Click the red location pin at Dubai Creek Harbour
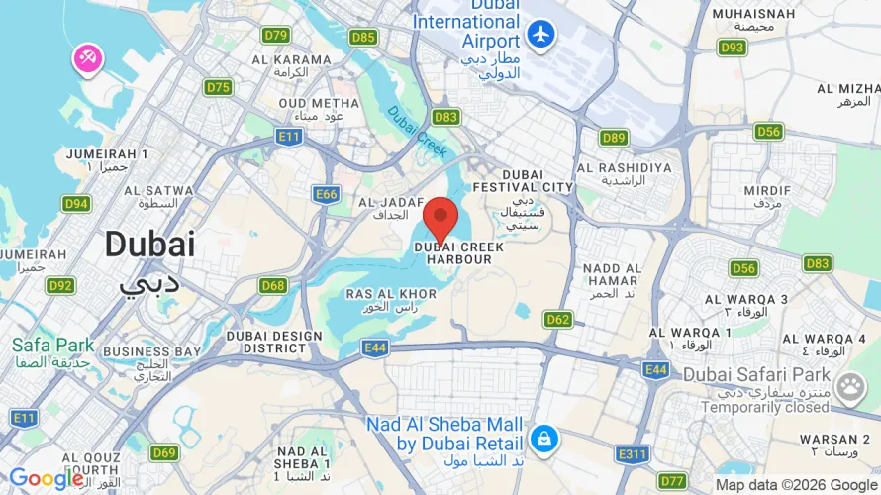pyautogui.click(x=440, y=218)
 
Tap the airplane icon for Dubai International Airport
pyautogui.click(x=540, y=34)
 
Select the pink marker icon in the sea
pyautogui.click(x=86, y=58)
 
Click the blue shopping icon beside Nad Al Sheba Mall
pyautogui.click(x=542, y=437)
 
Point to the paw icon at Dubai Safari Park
pyautogui.click(x=849, y=387)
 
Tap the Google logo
pyautogui.click(x=47, y=479)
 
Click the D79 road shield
pyautogui.click(x=275, y=36)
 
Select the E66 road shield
pyautogui.click(x=327, y=194)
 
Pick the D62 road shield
pyautogui.click(x=558, y=319)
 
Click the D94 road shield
pyautogui.click(x=76, y=204)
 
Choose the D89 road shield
pyautogui.click(x=614, y=138)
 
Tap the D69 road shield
pyautogui.click(x=164, y=452)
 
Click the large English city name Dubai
pyautogui.click(x=149, y=244)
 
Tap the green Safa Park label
pyautogui.click(x=53, y=346)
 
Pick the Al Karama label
pyautogui.click(x=291, y=59)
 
